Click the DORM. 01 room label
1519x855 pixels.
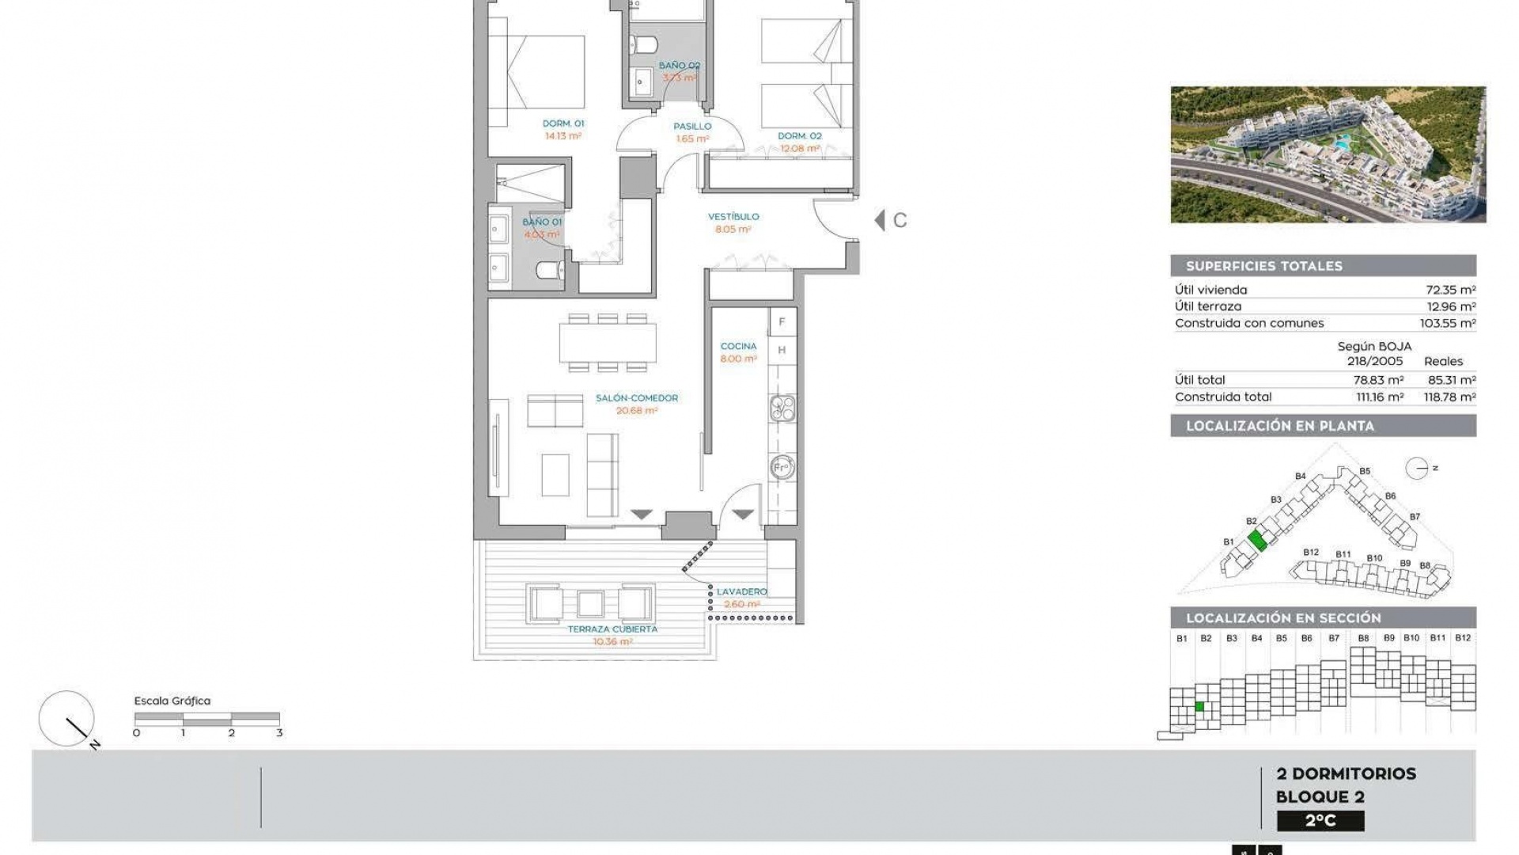click(x=563, y=123)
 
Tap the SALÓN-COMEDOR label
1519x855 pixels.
click(x=637, y=398)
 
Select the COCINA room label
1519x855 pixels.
click(x=738, y=346)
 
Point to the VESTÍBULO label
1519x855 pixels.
click(x=733, y=216)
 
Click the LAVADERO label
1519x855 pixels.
click(x=741, y=591)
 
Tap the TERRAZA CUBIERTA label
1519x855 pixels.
click(x=612, y=629)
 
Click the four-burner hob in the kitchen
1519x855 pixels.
click(x=782, y=407)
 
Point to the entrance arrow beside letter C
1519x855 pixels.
click(x=880, y=220)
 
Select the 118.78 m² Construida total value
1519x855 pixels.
click(x=1449, y=397)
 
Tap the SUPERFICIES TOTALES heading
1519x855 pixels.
click(x=1263, y=266)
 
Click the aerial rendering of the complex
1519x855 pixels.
click(x=1328, y=154)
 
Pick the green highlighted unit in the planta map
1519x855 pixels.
click(x=1257, y=541)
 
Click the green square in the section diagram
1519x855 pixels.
click(x=1199, y=707)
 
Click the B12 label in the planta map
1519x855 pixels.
click(x=1311, y=553)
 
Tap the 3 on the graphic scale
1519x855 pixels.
click(x=279, y=733)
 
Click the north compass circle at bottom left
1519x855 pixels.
click(x=66, y=718)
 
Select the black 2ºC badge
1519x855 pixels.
click(x=1320, y=821)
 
